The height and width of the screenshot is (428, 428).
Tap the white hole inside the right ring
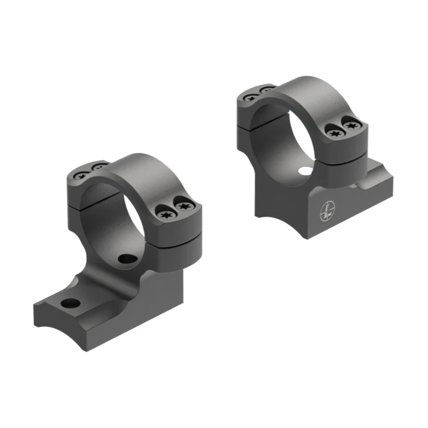coord(305,172)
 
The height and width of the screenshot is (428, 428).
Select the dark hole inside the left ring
coord(126,259)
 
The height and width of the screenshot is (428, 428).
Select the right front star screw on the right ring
coord(351,125)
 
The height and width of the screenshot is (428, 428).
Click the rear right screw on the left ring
coord(98,168)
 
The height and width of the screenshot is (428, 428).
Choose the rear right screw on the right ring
coord(266,91)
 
